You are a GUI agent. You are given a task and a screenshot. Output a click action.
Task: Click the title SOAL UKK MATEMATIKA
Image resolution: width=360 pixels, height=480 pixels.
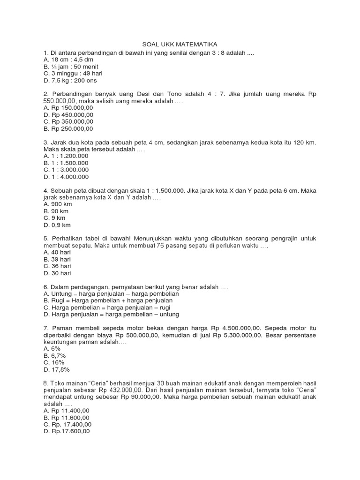point(180,44)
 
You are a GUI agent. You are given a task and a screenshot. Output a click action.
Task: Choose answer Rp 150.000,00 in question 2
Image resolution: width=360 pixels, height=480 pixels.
point(68,107)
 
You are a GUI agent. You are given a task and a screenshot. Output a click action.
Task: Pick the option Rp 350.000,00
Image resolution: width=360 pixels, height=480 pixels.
point(68,121)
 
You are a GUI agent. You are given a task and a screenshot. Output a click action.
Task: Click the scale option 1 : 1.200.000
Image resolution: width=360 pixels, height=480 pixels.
point(66,155)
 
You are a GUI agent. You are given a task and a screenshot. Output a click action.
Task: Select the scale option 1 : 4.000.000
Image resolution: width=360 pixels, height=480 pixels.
point(66,177)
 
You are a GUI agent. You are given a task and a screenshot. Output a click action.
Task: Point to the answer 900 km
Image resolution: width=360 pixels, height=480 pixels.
point(57,204)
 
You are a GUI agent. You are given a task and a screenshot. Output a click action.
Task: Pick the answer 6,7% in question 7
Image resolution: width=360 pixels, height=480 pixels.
point(55,355)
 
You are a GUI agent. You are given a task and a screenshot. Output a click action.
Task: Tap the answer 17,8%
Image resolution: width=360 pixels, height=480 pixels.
point(56,369)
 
